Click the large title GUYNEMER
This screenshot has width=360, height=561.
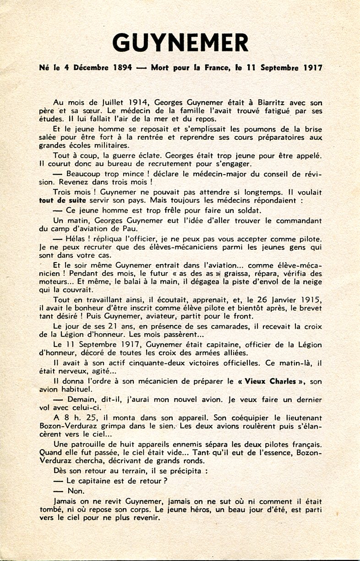(x=180, y=43)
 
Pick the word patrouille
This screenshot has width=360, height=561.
(x=91, y=444)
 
